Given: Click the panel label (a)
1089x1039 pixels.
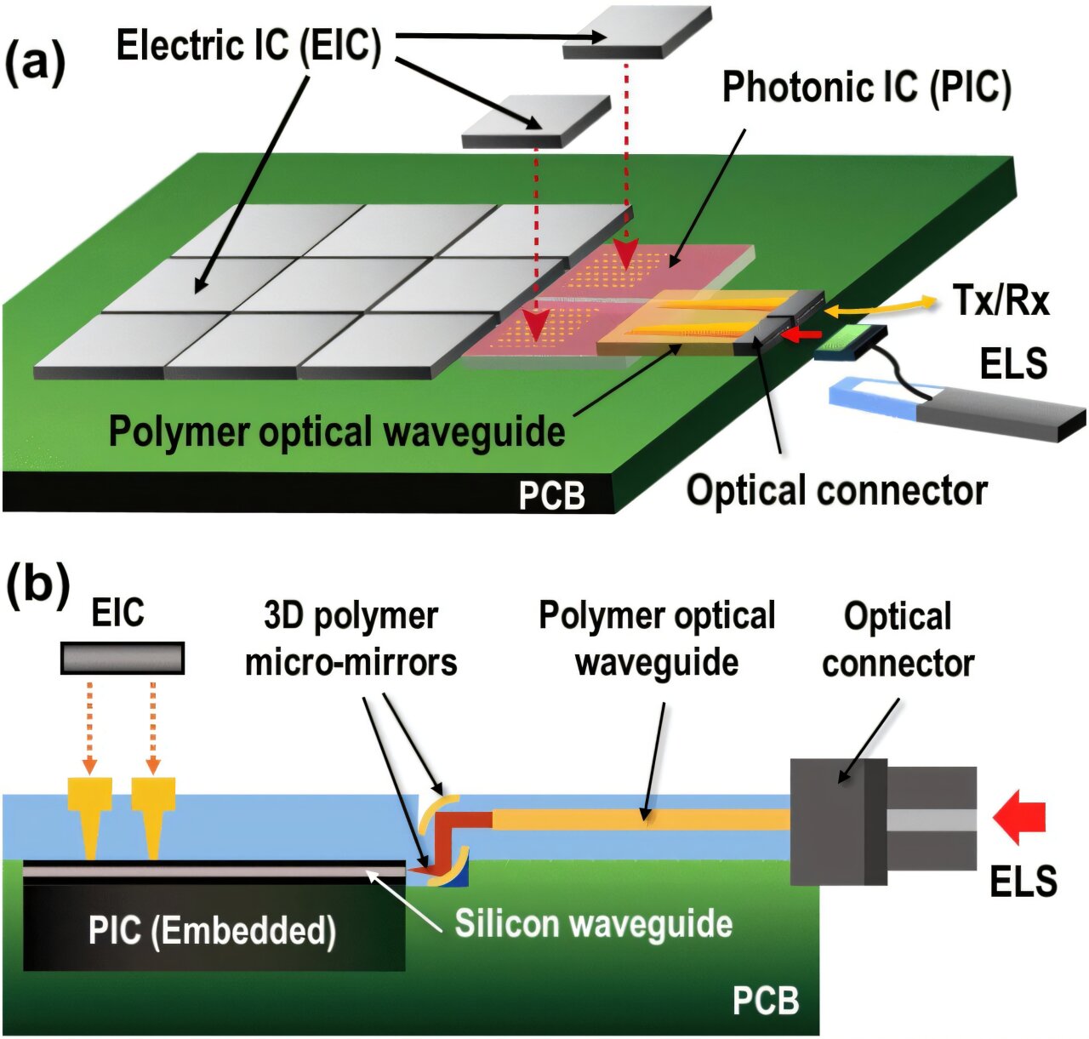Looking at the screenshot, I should click(35, 64).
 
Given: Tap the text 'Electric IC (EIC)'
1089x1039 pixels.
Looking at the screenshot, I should click(248, 45).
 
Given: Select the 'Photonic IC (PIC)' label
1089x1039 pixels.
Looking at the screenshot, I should click(866, 87).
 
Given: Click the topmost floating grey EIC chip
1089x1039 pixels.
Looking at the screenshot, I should click(636, 34).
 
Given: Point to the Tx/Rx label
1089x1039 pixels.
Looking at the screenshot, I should click(1001, 300).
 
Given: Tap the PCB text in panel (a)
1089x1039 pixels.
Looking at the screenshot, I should click(552, 494).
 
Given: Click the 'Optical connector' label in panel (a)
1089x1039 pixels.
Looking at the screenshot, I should click(836, 490).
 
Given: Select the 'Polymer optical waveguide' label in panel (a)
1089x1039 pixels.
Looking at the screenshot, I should click(337, 431).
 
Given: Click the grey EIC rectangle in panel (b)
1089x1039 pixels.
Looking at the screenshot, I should click(123, 658).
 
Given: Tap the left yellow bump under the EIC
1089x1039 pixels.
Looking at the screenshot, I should click(89, 812).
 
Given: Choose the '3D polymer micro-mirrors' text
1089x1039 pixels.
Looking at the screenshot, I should click(351, 638).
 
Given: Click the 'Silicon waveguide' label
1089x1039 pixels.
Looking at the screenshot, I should click(593, 923).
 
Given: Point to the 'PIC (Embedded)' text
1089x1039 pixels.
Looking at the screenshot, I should click(212, 930).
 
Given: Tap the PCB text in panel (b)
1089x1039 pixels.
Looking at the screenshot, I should click(766, 1000).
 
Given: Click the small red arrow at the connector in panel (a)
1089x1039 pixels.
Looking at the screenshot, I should click(801, 335).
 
